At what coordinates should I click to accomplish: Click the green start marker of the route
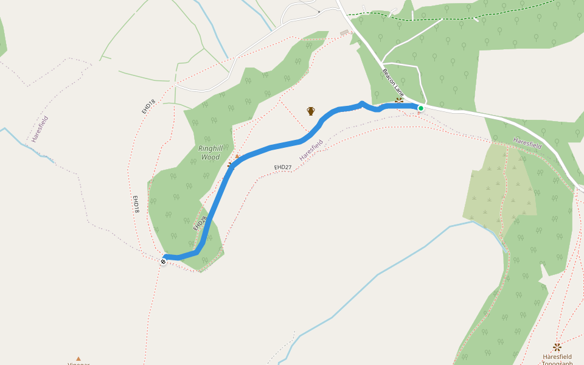click(420, 108)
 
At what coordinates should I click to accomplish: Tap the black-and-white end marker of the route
click(164, 262)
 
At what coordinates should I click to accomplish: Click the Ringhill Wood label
click(209, 153)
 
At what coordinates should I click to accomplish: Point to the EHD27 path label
click(283, 167)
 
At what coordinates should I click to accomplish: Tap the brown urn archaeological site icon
click(311, 111)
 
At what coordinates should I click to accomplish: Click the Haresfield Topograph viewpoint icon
click(557, 347)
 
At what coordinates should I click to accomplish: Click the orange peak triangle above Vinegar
click(78, 359)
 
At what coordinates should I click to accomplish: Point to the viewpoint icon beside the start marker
click(399, 100)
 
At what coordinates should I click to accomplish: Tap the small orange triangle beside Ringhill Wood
click(237, 157)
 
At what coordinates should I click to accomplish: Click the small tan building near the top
click(344, 32)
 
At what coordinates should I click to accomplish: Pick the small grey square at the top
click(319, 12)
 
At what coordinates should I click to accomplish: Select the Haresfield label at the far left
click(40, 128)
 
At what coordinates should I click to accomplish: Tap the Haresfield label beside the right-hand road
click(527, 143)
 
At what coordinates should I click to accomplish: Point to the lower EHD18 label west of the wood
click(137, 204)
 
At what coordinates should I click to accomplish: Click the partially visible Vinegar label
click(78, 364)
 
